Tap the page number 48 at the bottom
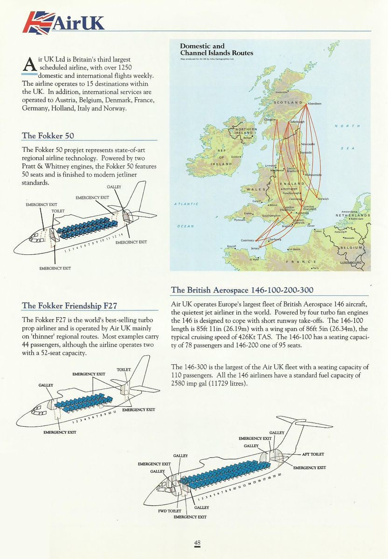(x=198, y=543)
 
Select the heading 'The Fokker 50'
(x=48, y=136)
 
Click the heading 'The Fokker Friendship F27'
(x=69, y=306)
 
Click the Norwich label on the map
(x=323, y=199)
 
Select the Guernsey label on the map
(x=247, y=240)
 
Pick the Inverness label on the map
(x=282, y=92)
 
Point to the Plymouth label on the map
(x=239, y=220)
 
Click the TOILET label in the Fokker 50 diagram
(x=58, y=211)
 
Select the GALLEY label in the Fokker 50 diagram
(x=114, y=187)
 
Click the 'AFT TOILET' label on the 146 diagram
(x=313, y=454)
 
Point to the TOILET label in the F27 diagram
(x=124, y=369)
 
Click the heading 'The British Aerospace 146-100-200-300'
(x=242, y=290)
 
